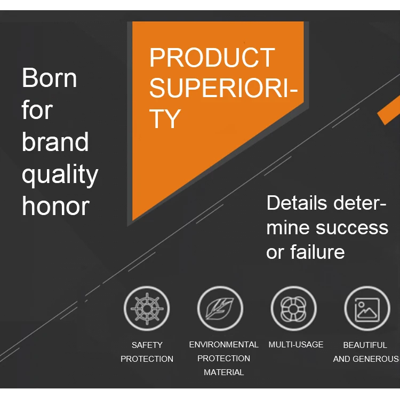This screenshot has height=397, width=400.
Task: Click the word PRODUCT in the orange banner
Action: (x=212, y=58)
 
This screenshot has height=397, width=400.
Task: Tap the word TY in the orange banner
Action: (x=165, y=118)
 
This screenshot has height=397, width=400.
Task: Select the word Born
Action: (x=49, y=77)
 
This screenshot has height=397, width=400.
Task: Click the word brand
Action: (x=55, y=142)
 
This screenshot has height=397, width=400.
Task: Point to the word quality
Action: (x=60, y=175)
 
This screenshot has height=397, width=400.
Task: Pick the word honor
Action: (x=55, y=207)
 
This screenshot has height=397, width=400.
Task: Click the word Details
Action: (x=297, y=203)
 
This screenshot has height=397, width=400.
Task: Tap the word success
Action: (x=353, y=228)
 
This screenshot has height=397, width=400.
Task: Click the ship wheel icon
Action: (x=147, y=308)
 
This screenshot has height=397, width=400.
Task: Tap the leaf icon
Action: (x=220, y=308)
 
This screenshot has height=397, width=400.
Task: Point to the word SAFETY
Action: (x=147, y=345)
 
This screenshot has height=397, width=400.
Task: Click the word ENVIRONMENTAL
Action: (x=223, y=344)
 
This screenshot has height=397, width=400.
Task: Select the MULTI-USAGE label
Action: (x=296, y=344)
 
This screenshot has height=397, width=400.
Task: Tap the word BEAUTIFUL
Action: (x=365, y=345)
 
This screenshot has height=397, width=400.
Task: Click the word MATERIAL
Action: (x=223, y=372)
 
